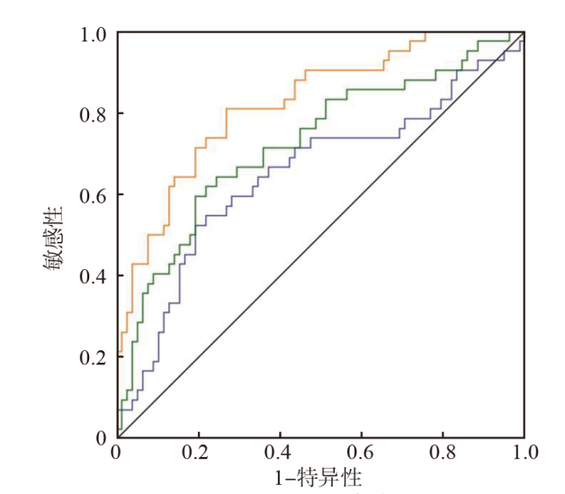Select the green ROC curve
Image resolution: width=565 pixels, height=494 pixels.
pyautogui.click(x=378, y=90)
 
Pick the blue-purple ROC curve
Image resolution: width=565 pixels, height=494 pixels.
pyautogui.click(x=360, y=138)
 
